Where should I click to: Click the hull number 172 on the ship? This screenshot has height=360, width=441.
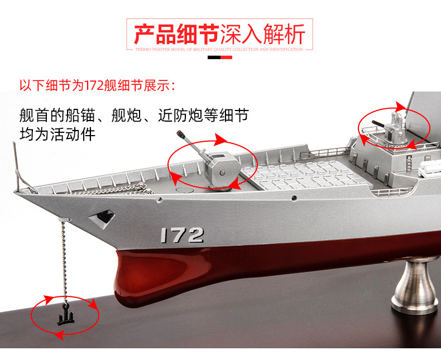[x=181, y=235]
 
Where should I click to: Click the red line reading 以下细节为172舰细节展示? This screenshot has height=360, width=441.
[x=97, y=86]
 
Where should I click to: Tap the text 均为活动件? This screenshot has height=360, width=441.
[x=57, y=135]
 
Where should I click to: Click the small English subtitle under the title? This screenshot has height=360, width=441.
[x=220, y=49]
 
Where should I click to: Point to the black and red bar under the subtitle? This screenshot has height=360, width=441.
[x=220, y=56]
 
